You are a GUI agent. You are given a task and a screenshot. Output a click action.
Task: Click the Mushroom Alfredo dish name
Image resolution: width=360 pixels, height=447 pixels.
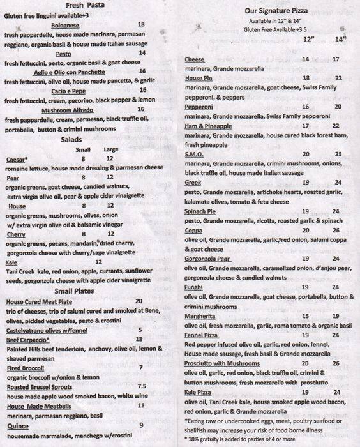73,109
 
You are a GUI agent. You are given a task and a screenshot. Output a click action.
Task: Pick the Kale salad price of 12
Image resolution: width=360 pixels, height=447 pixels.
99,262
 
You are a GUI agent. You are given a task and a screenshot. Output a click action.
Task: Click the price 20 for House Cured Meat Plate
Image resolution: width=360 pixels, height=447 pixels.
139,301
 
